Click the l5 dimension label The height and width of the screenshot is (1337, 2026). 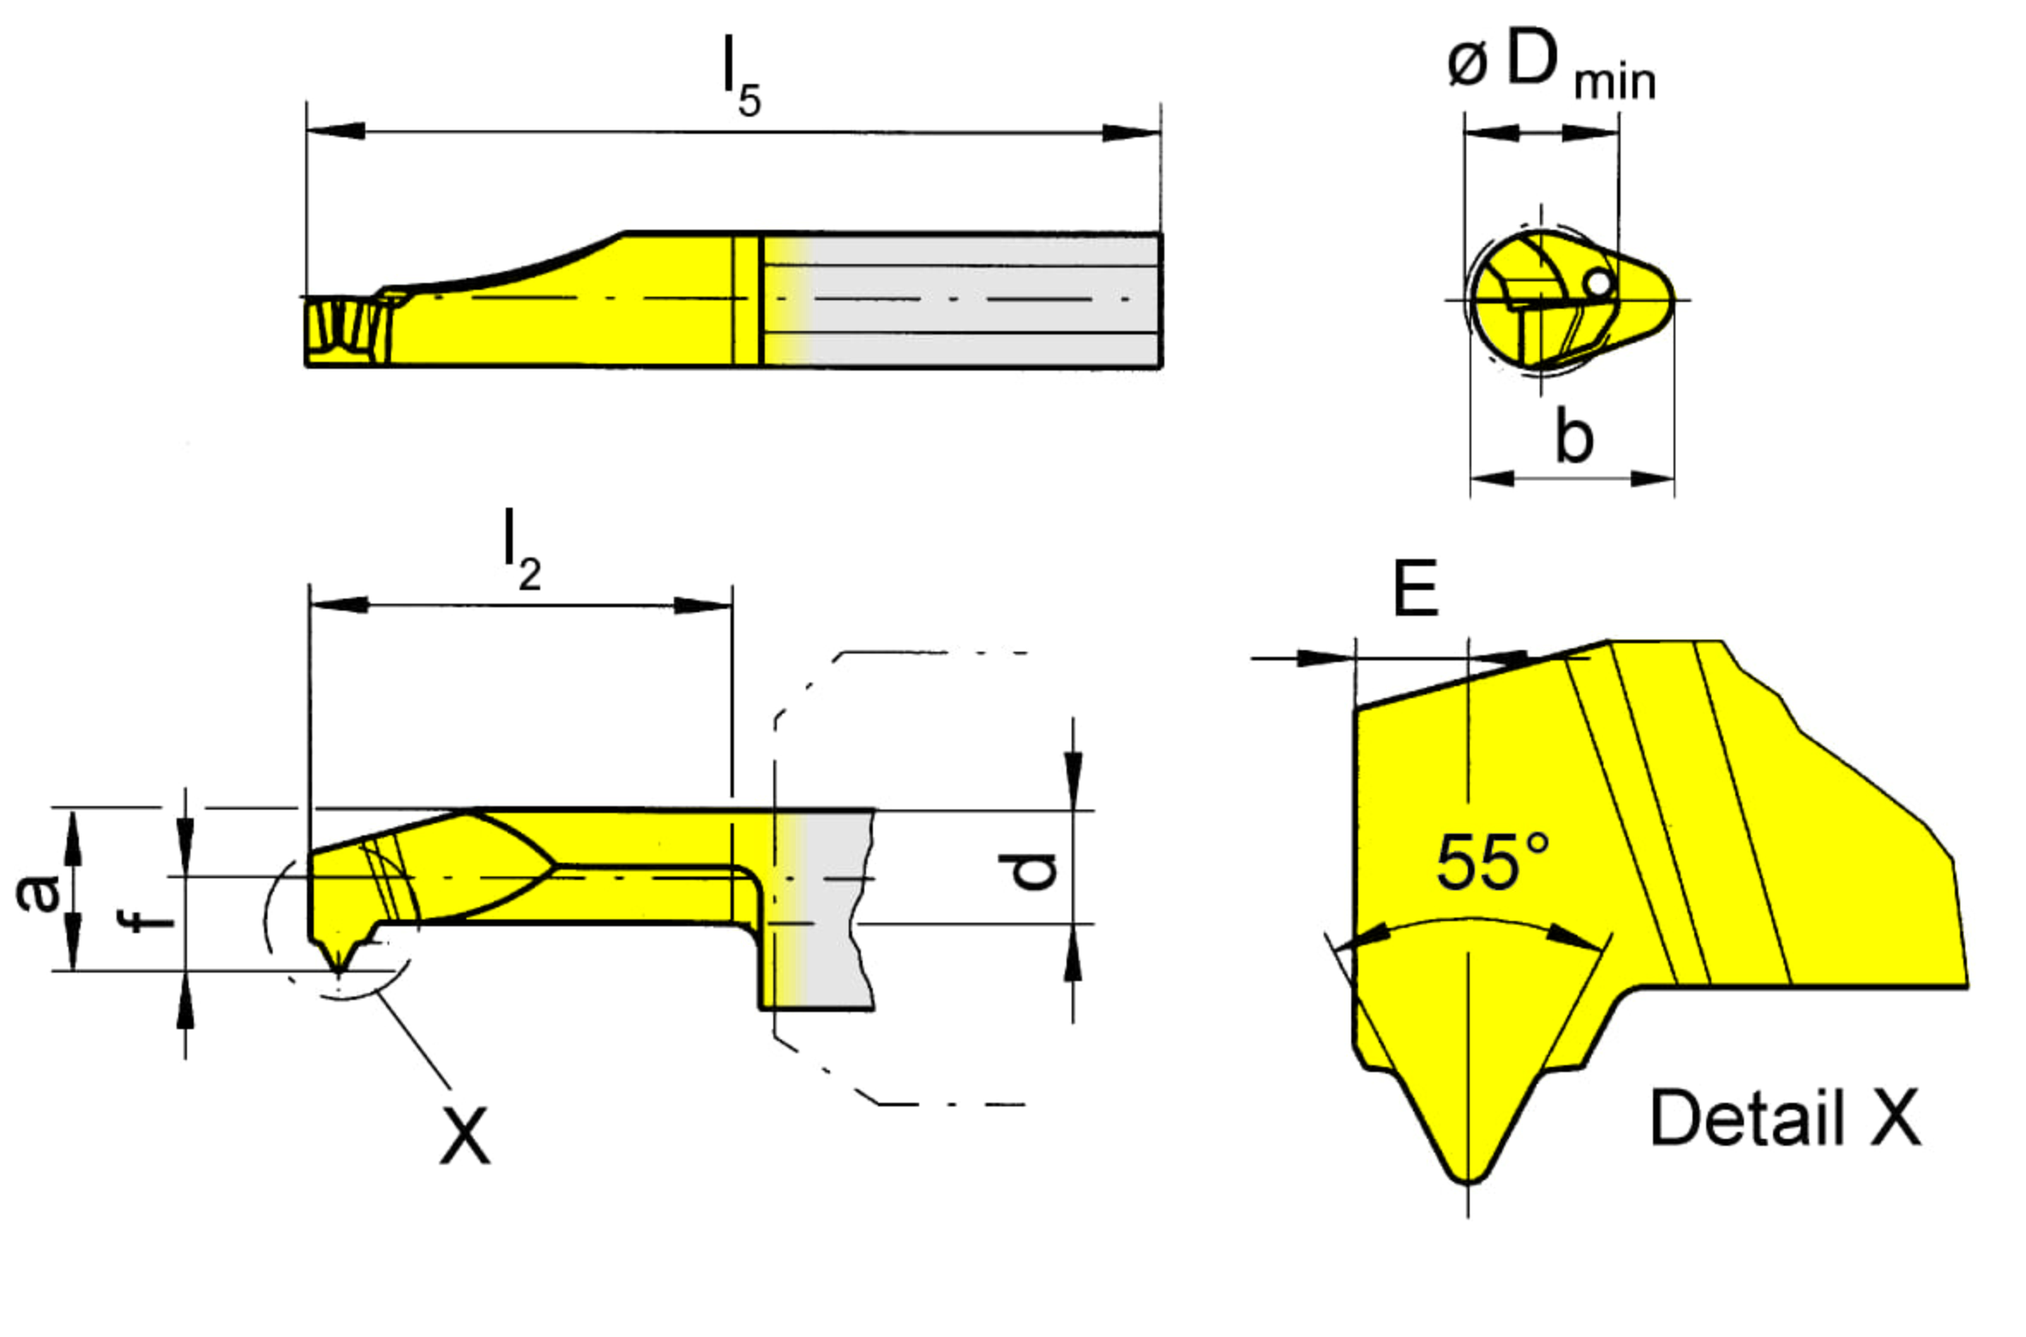[x=742, y=78]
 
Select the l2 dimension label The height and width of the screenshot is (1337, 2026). [x=522, y=550]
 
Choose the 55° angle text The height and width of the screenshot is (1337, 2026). [x=1493, y=862]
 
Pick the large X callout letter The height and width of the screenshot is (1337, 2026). [x=465, y=1135]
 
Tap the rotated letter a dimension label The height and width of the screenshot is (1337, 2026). [x=39, y=892]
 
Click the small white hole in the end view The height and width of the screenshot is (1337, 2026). [x=1597, y=283]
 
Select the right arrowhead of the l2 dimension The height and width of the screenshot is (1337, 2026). [x=702, y=605]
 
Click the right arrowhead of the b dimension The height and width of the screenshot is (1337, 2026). [x=1651, y=478]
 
